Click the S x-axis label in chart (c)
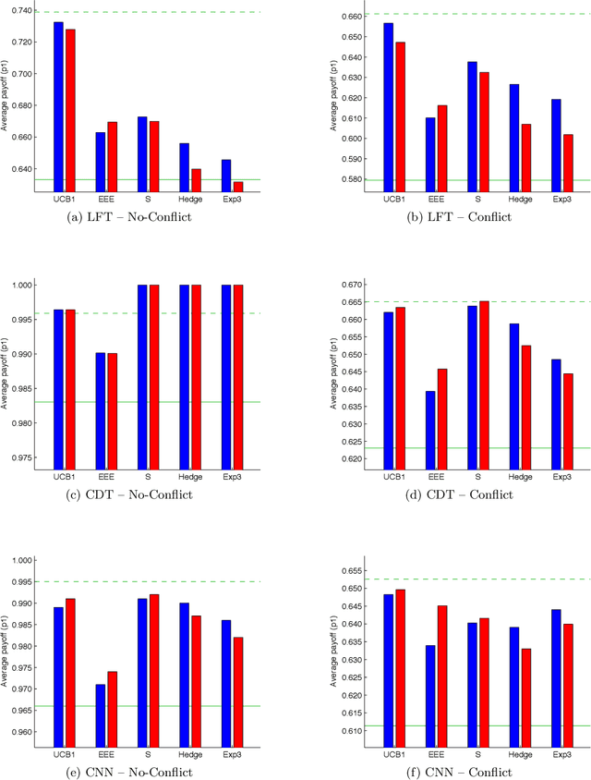coord(148,476)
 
